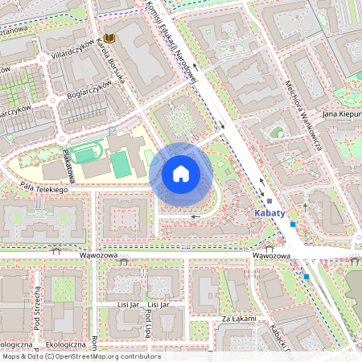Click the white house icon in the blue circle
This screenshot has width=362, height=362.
click(181, 174)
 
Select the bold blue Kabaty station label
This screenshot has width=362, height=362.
click(269, 214)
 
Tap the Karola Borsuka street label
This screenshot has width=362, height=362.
click(110, 60)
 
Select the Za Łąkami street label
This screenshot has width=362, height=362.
click(239, 319)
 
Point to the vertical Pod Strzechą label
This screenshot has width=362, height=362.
click(37, 309)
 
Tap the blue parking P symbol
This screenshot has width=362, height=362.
click(112, 129)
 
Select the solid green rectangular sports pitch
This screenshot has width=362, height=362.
click(119, 164)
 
